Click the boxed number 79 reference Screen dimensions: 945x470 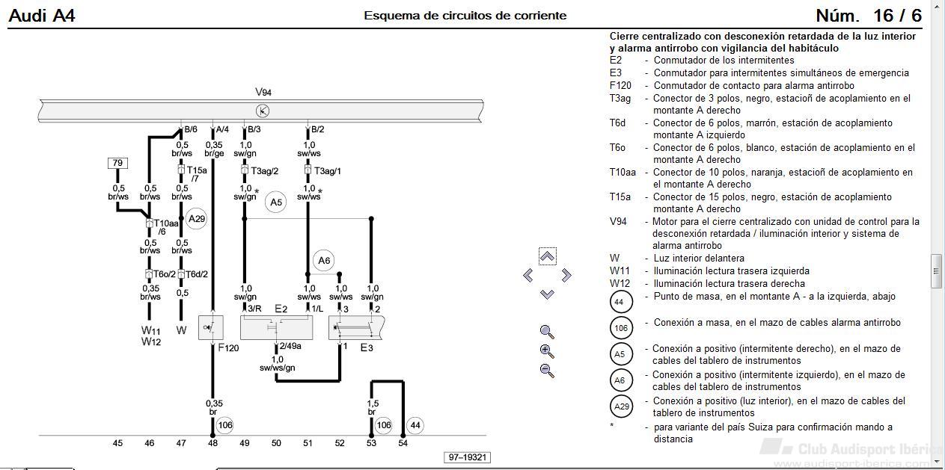(117, 163)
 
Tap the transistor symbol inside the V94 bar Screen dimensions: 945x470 (263, 111)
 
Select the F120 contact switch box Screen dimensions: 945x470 (211, 327)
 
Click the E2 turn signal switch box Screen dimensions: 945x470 (276, 327)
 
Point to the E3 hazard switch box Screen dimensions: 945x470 (356, 327)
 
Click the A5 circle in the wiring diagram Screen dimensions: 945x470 (276, 202)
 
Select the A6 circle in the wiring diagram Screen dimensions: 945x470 (323, 261)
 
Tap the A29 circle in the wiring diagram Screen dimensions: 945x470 (197, 219)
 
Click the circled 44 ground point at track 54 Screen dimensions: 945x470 (415, 425)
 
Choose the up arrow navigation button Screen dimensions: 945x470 (547, 256)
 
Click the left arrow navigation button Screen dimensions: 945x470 (528, 276)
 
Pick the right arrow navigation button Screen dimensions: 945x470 (566, 276)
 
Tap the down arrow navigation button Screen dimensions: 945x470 (547, 294)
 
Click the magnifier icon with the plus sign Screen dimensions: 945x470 (547, 351)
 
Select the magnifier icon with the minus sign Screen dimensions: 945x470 (547, 371)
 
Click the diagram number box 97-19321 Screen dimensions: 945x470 (468, 457)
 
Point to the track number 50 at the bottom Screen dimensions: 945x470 (276, 443)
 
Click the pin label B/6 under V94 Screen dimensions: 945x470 (191, 129)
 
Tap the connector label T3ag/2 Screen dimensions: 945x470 (265, 171)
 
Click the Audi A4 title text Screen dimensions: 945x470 (42, 16)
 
